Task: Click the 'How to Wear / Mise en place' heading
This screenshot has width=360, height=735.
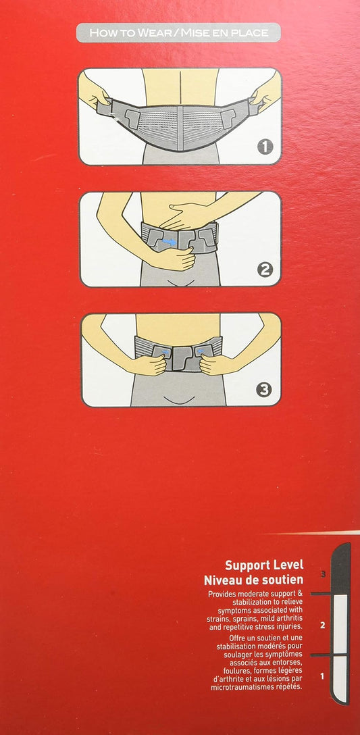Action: [x=178, y=33]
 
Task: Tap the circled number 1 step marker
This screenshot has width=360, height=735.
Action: [x=265, y=147]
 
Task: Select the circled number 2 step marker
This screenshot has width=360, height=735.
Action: [x=265, y=270]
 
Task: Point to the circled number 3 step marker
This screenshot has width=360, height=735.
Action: [x=264, y=390]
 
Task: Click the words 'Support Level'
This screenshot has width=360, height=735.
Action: [x=264, y=564]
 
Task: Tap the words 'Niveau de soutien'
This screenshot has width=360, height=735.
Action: [x=253, y=580]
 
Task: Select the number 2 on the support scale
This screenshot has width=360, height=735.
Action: [x=322, y=626]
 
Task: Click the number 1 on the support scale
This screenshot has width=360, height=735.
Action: [x=322, y=676]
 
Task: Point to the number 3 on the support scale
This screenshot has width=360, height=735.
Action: [x=323, y=574]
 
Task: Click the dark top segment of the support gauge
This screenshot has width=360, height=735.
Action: [x=341, y=568]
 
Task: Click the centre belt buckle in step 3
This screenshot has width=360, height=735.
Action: [x=183, y=358]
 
